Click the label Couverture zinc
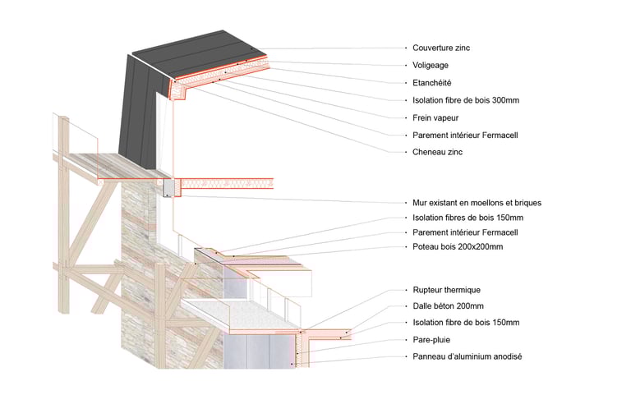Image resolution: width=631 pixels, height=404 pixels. pos(440,48)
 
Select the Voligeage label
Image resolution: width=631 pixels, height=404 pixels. pos(430,66)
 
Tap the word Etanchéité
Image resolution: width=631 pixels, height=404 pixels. pos(431,83)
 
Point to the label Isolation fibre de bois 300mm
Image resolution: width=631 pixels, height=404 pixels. pos(465,100)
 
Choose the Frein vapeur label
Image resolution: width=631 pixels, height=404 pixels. pos(435,117)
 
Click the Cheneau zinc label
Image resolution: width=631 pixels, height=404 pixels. pos(439,152)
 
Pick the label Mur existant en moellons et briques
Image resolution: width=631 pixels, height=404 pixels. pos(477,203)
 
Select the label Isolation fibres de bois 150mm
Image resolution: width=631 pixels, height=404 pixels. pos(467,218)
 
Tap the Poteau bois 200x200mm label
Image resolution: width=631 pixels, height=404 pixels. pos(457,247)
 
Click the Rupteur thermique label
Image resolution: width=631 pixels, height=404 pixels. pos(446,290)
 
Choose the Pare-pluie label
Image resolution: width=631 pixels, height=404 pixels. pos(431,339)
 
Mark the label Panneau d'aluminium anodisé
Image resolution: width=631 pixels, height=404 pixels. pos(467,356)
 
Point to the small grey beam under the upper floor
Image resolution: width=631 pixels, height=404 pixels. pos(169,189)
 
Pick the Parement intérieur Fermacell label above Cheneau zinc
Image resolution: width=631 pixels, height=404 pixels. pos(463,135)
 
